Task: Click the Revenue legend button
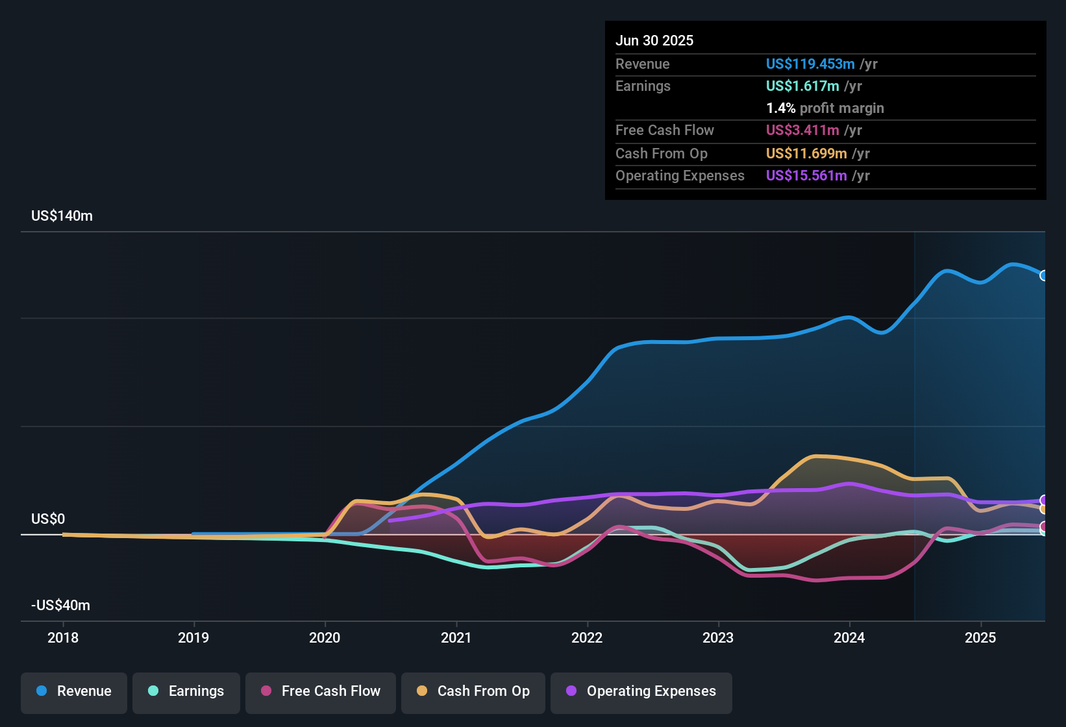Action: tap(74, 691)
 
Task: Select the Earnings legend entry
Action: tap(186, 691)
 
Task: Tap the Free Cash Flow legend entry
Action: tap(321, 691)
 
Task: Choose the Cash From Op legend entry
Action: tap(473, 691)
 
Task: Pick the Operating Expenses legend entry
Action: tap(641, 691)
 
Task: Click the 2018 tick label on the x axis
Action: tap(63, 638)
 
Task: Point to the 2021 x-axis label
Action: tap(456, 638)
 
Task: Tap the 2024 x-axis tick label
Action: tap(849, 638)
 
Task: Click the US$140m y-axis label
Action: tap(62, 216)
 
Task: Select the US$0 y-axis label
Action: tap(48, 519)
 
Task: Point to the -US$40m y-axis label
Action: tap(61, 606)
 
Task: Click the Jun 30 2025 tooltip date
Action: tap(654, 41)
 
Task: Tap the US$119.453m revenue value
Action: tap(810, 64)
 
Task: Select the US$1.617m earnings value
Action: tap(802, 86)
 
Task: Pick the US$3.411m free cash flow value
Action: tap(802, 130)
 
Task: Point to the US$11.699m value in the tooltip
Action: tap(806, 154)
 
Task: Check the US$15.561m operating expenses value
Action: tap(806, 176)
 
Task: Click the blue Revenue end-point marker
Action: tap(1044, 276)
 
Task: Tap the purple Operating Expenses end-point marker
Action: tap(1044, 500)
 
